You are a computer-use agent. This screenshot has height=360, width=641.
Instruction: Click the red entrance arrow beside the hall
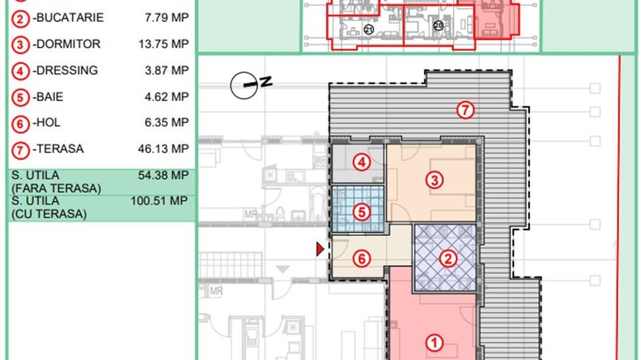[320, 249]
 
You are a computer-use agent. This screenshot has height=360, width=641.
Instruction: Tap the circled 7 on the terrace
[465, 110]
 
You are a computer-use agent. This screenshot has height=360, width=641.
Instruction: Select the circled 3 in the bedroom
[434, 180]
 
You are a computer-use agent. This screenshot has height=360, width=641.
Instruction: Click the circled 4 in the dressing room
[362, 162]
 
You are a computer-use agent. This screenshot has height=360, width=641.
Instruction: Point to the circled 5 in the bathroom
[362, 212]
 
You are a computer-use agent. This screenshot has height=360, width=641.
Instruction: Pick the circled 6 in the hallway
[362, 259]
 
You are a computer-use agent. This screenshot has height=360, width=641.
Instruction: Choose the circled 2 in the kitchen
[448, 259]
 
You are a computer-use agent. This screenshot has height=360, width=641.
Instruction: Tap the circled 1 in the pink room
[434, 343]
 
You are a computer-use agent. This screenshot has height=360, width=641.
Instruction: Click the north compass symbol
[250, 85]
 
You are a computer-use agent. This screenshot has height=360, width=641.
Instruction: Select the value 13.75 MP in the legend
[163, 44]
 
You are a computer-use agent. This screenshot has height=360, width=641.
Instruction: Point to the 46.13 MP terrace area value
[163, 149]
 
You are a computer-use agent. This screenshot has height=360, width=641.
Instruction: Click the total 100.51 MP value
[159, 201]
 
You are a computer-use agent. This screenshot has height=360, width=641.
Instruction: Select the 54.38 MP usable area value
[163, 176]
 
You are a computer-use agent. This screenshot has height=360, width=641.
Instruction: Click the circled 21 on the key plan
[369, 29]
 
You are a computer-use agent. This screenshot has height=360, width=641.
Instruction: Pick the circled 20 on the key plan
[438, 26]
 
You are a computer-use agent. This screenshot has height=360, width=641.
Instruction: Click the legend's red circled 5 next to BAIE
[20, 98]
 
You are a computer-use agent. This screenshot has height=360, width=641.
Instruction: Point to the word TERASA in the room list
[60, 149]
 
